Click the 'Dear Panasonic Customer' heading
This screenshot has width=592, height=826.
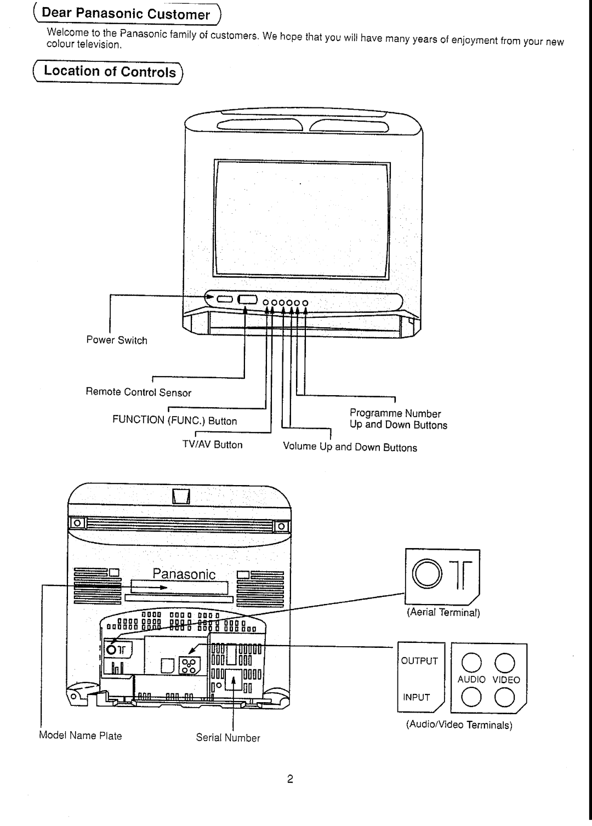click(126, 14)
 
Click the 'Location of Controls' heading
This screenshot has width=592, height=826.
click(110, 71)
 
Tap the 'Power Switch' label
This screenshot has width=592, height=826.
click(117, 340)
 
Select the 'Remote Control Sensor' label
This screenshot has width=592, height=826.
click(138, 392)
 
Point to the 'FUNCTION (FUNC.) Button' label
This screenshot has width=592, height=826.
click(174, 420)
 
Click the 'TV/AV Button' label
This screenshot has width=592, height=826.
click(213, 445)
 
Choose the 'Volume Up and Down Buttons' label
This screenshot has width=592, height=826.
click(350, 447)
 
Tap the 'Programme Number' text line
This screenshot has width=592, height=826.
click(395, 413)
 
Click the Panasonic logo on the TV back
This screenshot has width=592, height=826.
click(184, 574)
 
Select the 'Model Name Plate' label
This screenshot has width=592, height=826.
click(81, 736)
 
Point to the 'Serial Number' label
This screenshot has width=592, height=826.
click(228, 738)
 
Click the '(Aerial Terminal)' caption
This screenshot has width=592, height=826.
click(443, 612)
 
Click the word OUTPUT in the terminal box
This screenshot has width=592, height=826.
click(419, 661)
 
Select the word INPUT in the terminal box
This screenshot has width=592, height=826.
click(417, 697)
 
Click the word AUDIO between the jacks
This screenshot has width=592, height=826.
click(471, 679)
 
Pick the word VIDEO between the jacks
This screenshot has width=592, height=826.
click(506, 680)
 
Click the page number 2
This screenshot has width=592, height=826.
click(290, 779)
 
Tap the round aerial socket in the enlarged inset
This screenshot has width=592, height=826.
click(427, 574)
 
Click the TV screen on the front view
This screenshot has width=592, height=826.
click(301, 219)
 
